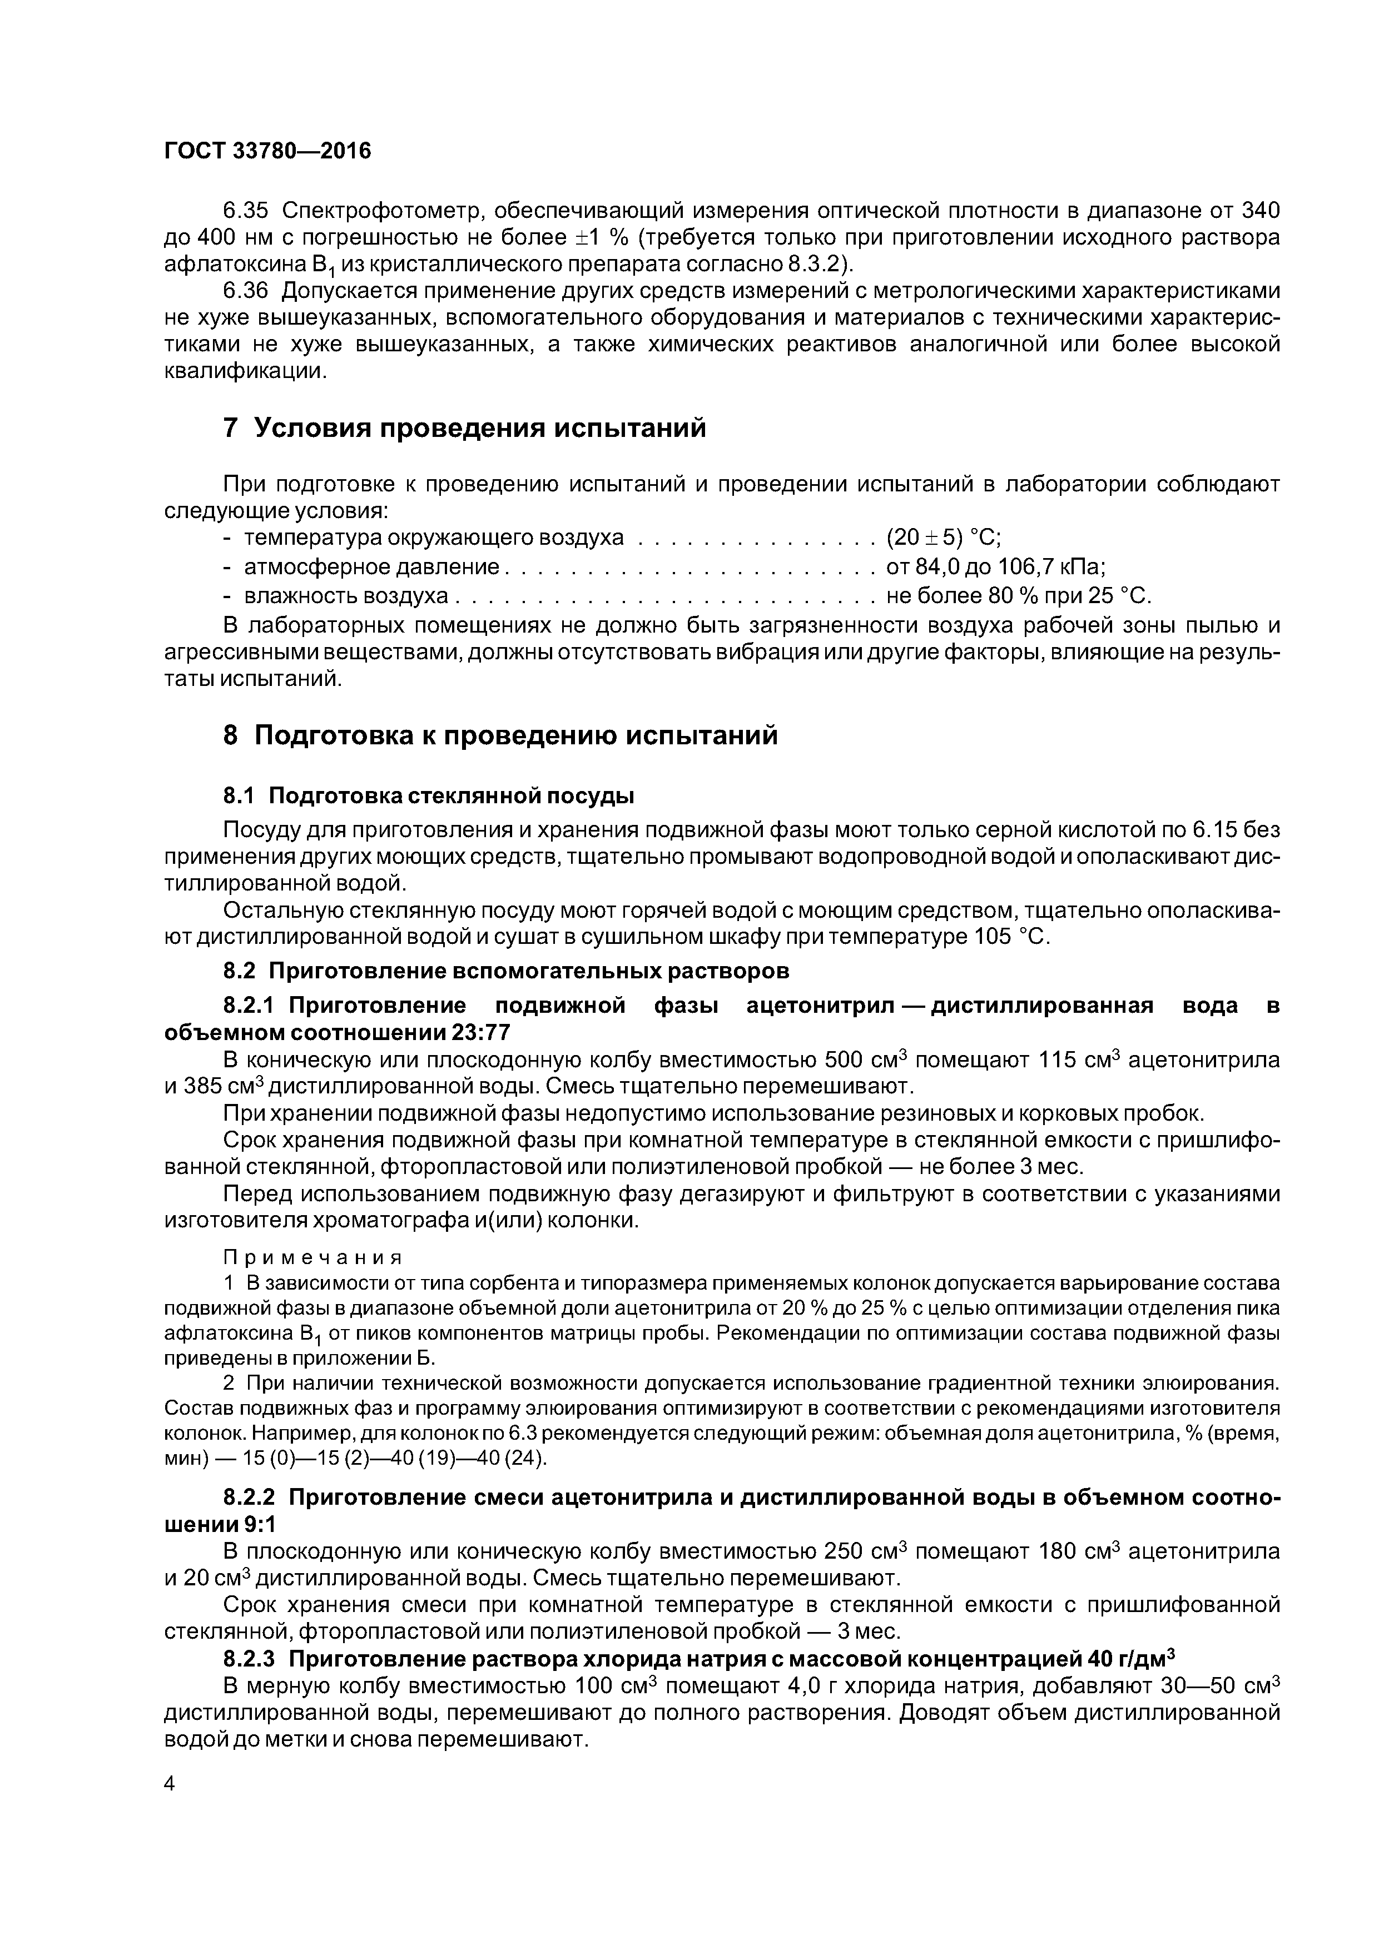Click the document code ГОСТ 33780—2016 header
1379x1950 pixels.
267,151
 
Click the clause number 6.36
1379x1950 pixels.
245,291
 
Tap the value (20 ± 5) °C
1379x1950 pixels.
943,539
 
